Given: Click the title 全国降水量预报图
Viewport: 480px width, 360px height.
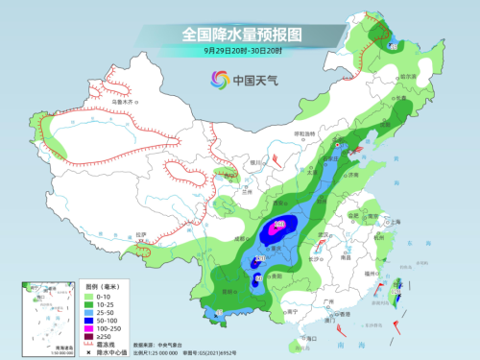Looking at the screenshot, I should [239, 35].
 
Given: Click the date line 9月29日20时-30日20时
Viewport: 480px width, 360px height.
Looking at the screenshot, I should [239, 52].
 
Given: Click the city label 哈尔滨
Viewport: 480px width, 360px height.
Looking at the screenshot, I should [409, 75].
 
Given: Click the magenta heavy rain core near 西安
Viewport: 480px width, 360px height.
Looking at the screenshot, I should [278, 228].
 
